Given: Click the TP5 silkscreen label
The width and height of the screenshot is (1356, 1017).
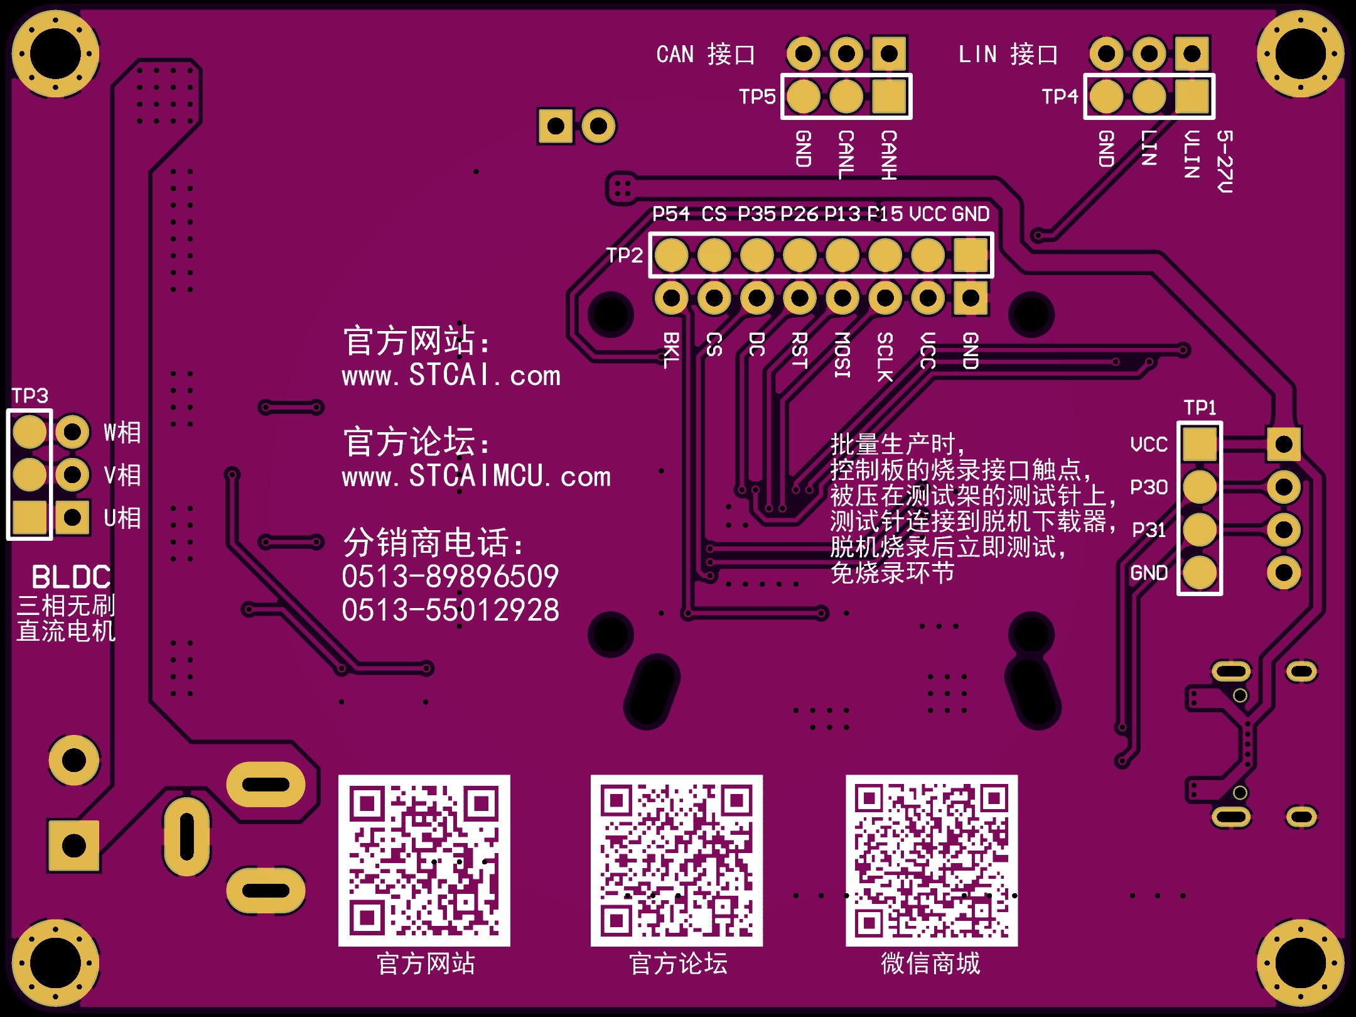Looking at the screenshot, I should coord(757,97).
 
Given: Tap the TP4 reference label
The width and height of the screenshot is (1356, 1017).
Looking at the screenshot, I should coord(1060,97).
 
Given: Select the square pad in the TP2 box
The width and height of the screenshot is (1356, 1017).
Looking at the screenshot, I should coord(971,255).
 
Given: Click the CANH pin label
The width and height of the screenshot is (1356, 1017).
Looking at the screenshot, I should coord(888,155).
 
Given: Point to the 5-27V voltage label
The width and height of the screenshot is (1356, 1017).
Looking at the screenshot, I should coord(1225,161).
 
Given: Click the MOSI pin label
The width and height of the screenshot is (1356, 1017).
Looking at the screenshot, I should coord(842,355).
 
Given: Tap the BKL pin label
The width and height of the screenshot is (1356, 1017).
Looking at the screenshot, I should coord(671,350).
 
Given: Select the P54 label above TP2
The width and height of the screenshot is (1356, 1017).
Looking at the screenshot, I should coord(671,214).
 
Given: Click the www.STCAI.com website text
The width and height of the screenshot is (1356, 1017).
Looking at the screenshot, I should coord(451,376).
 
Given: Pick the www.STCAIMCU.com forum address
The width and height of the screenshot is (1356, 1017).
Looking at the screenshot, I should coord(476,476).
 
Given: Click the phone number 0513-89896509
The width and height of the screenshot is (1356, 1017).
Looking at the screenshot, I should coord(450,577).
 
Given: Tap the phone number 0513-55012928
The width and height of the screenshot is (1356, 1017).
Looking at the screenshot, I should coord(450,610).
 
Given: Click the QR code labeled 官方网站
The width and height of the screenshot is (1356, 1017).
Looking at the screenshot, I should coord(424,861).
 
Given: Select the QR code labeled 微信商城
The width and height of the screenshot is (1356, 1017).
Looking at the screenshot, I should coord(932,861).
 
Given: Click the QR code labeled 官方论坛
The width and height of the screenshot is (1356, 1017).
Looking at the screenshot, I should coord(677,861).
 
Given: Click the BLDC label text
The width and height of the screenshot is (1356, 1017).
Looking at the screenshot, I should coord(71,577).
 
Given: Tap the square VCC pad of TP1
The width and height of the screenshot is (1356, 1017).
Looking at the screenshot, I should coord(1200,444).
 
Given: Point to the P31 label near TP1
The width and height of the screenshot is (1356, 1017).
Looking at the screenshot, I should coord(1149,530).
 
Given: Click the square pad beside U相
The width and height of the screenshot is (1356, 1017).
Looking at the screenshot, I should coord(73,518).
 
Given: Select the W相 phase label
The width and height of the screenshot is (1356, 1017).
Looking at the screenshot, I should coord(122,432).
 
